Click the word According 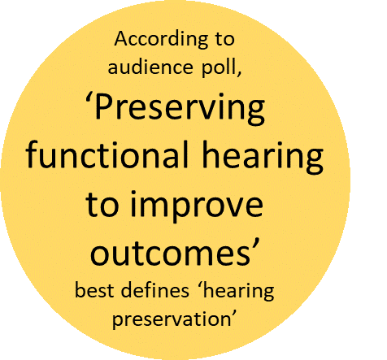(161, 40)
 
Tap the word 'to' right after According (224, 40)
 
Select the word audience (150, 67)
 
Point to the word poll (218, 68)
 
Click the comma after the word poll (239, 72)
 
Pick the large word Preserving (180, 109)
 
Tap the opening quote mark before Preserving (89, 98)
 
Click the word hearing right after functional (263, 157)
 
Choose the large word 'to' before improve (102, 204)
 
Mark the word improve (197, 207)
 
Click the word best (94, 290)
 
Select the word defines (154, 290)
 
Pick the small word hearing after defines (238, 292)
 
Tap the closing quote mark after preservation (234, 314)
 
